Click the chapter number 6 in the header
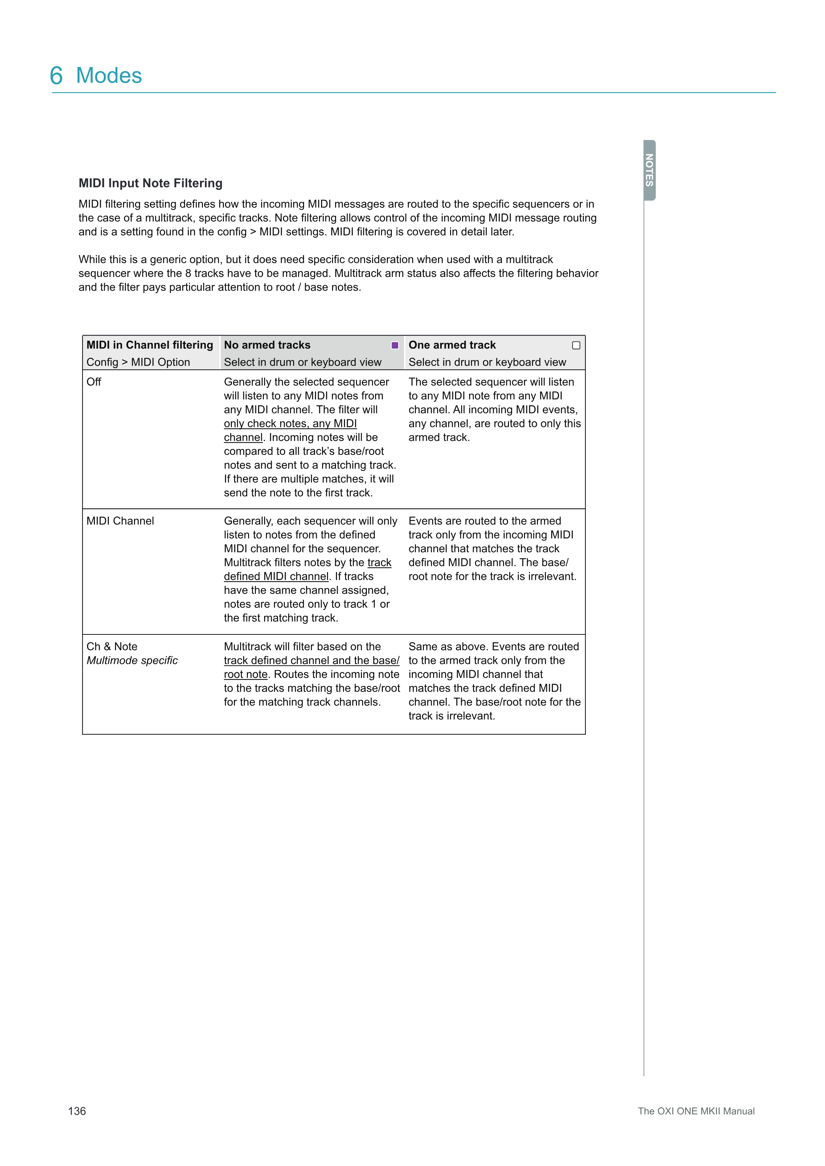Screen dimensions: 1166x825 pos(57,76)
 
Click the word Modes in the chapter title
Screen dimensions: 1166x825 pos(109,76)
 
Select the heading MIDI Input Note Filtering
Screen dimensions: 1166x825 pos(150,183)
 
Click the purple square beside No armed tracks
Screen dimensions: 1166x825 pos(395,345)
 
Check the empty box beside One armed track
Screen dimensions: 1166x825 pos(576,345)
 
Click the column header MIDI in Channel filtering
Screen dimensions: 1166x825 pos(150,345)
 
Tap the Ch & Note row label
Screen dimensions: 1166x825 pos(112,646)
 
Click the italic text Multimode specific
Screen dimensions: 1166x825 pos(132,660)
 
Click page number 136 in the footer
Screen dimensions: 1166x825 pos(77,1111)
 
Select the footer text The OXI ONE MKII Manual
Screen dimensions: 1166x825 pos(696,1111)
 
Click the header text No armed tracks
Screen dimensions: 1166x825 pos(267,345)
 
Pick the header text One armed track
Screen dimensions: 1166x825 pos(452,345)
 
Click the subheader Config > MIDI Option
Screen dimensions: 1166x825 pos(138,362)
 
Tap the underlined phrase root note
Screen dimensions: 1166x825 pos(246,674)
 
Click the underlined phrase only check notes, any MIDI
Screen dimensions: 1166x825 pos(290,424)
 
